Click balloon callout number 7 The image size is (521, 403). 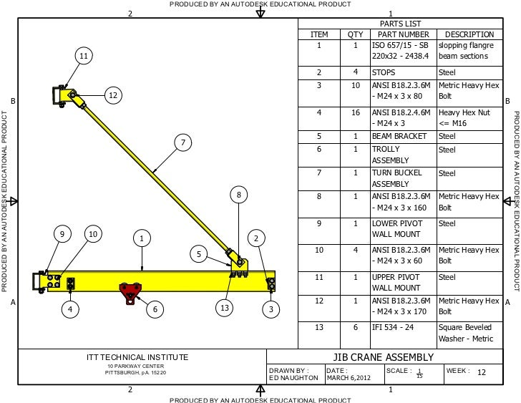click(182, 143)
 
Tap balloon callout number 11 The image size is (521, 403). click(84, 56)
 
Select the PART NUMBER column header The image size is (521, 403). click(403, 34)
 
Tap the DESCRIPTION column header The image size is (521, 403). click(469, 34)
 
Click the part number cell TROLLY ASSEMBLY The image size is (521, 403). click(392, 155)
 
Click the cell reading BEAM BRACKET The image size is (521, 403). click(399, 136)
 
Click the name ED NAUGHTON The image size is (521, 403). click(293, 377)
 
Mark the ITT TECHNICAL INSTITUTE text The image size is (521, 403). click(133, 357)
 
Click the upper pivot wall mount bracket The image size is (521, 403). click(59, 95)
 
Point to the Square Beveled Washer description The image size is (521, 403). click(466, 333)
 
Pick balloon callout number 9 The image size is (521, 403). click(62, 234)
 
